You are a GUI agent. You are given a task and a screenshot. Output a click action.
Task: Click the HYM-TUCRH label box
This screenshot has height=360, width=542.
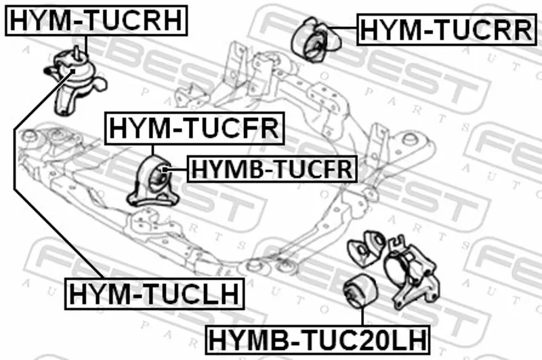click(96, 20)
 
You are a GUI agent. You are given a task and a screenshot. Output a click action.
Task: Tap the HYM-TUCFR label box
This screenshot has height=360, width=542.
click(194, 128)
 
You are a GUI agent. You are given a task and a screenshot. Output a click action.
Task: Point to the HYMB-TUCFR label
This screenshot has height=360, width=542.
click(271, 169)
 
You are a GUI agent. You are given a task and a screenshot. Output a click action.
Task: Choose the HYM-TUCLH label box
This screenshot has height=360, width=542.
click(154, 294)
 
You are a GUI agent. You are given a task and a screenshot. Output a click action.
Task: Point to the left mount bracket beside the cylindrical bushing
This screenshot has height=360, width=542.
click(410, 275)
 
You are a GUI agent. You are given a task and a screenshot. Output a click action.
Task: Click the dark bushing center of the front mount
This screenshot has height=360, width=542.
click(163, 178)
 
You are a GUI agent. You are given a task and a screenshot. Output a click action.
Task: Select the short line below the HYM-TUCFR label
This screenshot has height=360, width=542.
click(154, 148)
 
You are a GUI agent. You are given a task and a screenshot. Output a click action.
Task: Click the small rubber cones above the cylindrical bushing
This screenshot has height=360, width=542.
click(367, 247)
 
